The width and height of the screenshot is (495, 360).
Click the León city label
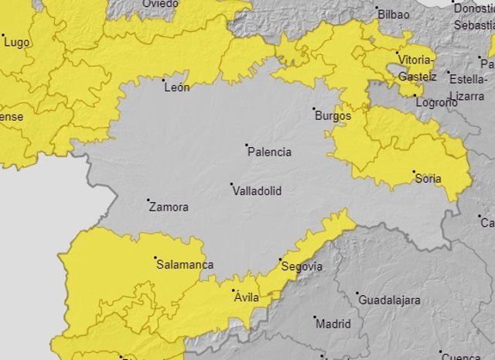[x=177, y=87]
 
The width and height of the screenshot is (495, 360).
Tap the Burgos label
[x=333, y=116]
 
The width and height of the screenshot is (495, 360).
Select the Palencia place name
[x=269, y=152]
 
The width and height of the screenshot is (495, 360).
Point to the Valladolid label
[x=257, y=190]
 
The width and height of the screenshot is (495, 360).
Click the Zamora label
[x=168, y=207]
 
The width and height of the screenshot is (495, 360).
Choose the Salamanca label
[x=185, y=265]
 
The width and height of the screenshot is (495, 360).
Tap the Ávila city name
[x=246, y=297]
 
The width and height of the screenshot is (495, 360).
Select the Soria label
[x=428, y=179]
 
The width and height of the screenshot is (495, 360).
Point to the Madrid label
[x=333, y=324]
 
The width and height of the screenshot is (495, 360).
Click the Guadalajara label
[x=389, y=300]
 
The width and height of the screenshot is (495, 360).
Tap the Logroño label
[x=435, y=102]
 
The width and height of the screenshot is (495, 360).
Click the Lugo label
[x=16, y=43]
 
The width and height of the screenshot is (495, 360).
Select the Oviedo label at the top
[x=160, y=4]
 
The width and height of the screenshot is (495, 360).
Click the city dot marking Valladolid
[x=232, y=184]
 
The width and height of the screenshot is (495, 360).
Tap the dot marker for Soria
[x=414, y=172]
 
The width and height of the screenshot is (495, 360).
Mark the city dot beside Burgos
[x=314, y=109]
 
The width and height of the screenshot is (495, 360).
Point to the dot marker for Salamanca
[x=155, y=258]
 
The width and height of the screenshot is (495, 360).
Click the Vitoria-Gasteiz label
[x=416, y=67]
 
